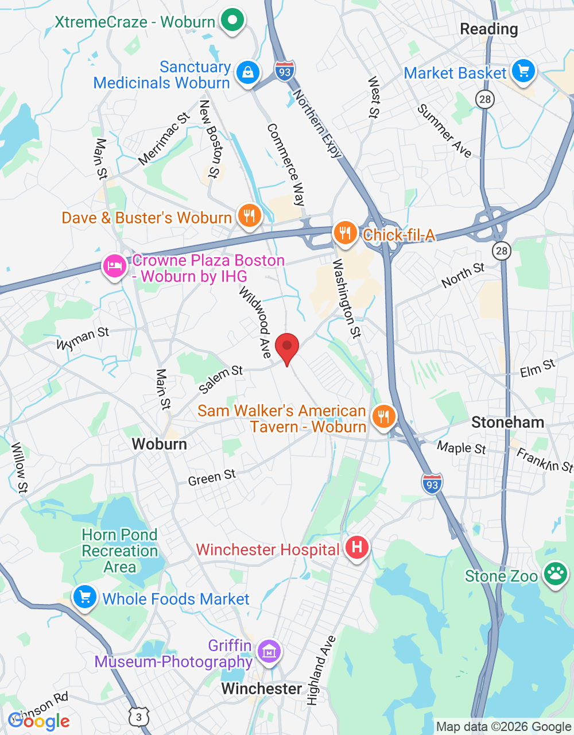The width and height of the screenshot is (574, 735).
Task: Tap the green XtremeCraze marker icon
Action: (232, 21)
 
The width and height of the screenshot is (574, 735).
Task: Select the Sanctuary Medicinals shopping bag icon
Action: (248, 73)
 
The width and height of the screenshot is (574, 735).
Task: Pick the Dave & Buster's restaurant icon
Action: (249, 216)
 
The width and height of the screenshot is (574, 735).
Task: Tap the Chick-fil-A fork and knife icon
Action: (345, 234)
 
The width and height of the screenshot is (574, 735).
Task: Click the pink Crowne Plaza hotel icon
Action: (115, 266)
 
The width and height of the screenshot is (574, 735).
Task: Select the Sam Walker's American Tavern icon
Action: (383, 416)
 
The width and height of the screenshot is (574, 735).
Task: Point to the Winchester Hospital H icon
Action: (356, 547)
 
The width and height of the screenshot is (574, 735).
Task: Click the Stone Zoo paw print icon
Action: (555, 574)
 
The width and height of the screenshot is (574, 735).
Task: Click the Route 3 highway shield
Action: (139, 717)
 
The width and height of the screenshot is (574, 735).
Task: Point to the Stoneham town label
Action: (507, 423)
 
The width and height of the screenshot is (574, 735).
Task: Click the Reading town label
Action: (489, 29)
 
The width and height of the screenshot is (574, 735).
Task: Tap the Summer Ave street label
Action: (445, 131)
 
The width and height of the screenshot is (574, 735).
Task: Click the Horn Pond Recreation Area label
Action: (120, 551)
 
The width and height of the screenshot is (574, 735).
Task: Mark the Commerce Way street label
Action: (286, 164)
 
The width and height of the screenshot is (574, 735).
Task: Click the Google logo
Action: (39, 721)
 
